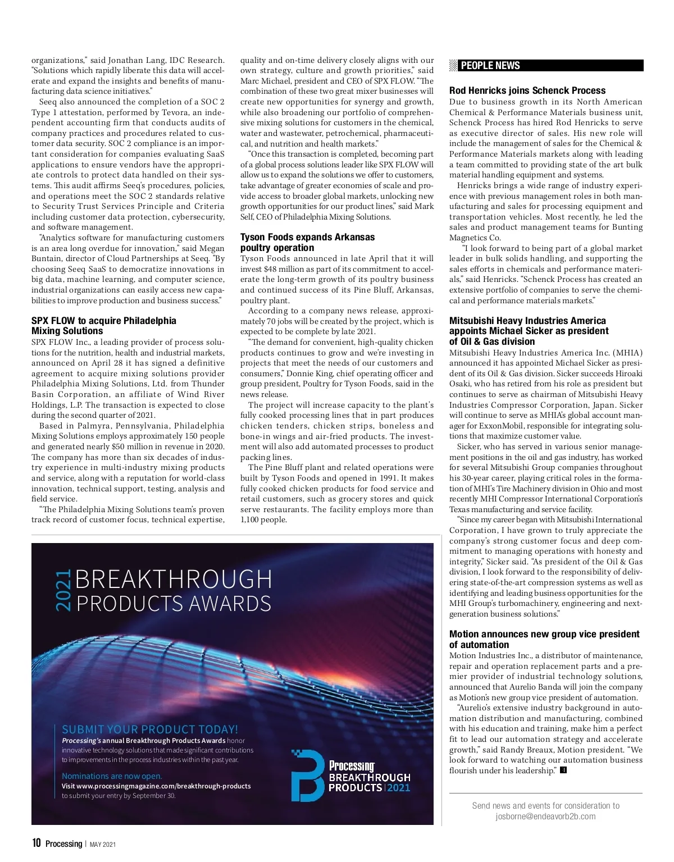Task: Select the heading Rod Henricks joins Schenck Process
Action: pos(527,90)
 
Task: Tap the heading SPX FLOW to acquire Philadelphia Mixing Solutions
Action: pos(103,326)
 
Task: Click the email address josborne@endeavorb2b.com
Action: pos(545,817)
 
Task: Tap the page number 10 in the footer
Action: pos(37,843)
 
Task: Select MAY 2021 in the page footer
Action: pos(103,844)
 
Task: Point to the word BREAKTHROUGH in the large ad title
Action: pos(174,580)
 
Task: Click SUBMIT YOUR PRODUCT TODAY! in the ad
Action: pos(150,729)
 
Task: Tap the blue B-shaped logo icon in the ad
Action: pos(307,776)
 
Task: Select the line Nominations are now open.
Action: pos(112,776)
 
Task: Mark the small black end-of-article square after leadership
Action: pos(563,770)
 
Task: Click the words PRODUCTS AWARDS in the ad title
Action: pos(174,604)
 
